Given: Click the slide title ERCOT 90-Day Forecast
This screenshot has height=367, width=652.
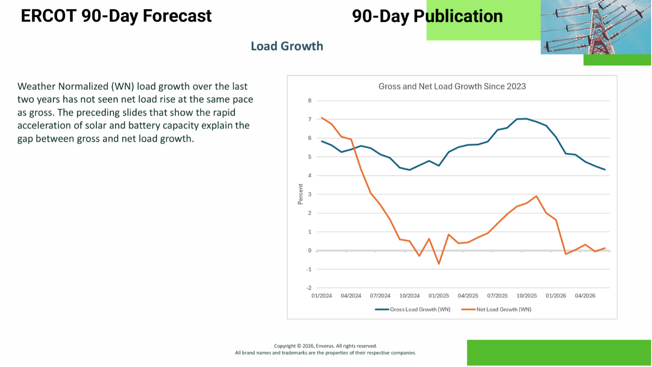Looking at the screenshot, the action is coord(116,16).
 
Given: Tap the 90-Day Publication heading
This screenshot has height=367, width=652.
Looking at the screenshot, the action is coord(427,17).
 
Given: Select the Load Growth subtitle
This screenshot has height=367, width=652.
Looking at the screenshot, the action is coord(287,46).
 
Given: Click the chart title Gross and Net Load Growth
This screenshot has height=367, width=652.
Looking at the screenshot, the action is coord(452,86).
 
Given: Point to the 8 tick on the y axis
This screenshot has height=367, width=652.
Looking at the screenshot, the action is coord(310,101).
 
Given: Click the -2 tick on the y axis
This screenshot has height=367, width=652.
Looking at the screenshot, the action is coord(309,288).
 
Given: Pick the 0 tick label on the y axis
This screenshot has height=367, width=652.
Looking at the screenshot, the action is coord(310,251).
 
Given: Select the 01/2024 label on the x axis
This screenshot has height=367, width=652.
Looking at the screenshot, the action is coord(322,296).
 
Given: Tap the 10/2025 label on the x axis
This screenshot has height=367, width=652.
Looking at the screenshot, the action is coord(527,296).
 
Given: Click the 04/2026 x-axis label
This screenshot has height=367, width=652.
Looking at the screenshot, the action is coord(585,296).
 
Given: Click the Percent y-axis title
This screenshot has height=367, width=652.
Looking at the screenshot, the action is coord(301,194).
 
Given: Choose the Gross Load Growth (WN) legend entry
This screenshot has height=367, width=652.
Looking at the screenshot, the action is coord(413,309).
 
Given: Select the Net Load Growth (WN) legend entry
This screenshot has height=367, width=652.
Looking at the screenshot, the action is coord(496,309).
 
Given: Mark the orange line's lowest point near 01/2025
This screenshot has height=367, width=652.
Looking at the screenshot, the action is coord(439,264).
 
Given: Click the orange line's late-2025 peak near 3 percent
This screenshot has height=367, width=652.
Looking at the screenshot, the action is coord(536,196).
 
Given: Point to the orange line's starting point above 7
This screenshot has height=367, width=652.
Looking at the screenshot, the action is coord(322,118).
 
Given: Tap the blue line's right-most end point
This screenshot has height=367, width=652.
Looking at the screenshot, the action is coord(605,169).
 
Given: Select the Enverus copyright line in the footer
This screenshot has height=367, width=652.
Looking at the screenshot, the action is coord(326,346).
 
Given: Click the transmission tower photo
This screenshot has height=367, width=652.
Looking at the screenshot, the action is coord(596,27).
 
